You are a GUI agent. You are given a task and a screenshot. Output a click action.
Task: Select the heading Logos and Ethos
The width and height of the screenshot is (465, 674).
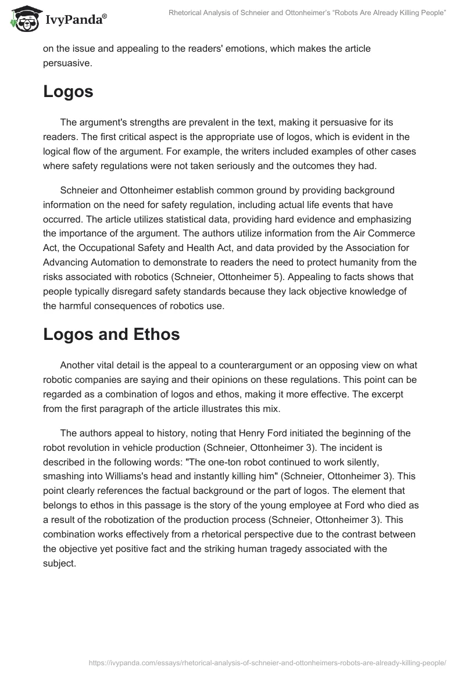click(x=112, y=334)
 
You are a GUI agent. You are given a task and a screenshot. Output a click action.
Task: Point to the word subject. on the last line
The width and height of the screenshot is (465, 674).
click(x=59, y=563)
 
